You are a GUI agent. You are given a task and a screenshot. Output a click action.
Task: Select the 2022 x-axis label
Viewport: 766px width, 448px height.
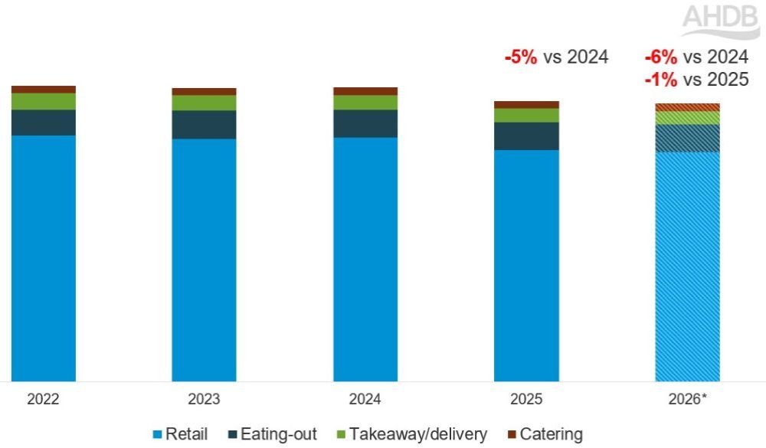pyautogui.click(x=43, y=400)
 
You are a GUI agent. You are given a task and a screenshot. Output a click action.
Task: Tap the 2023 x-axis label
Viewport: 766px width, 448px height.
pyautogui.click(x=204, y=400)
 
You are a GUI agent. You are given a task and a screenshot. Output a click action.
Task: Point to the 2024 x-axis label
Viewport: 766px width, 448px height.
pyautogui.click(x=365, y=400)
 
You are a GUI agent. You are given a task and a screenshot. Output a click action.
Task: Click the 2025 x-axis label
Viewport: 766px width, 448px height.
pyautogui.click(x=526, y=400)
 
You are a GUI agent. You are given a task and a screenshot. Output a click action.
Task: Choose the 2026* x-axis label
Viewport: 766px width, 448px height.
pyautogui.click(x=687, y=400)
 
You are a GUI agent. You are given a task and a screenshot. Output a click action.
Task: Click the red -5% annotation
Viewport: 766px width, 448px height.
pyautogui.click(x=520, y=57)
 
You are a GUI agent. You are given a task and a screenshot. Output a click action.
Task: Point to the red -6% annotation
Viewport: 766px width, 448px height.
pyautogui.click(x=661, y=57)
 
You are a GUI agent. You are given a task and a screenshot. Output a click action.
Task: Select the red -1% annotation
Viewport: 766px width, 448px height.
pyautogui.click(x=661, y=79)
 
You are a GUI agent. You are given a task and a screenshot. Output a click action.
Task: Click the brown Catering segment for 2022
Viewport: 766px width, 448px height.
pyautogui.click(x=44, y=90)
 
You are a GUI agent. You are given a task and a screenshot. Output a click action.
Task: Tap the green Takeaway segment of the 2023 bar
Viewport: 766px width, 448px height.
pyautogui.click(x=204, y=103)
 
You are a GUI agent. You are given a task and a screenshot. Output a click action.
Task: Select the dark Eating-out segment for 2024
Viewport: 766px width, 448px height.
pyautogui.click(x=365, y=123)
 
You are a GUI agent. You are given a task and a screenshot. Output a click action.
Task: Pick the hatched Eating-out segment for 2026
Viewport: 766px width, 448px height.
pyautogui.click(x=687, y=138)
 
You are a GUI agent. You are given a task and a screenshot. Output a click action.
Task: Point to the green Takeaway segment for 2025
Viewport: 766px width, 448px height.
pyautogui.click(x=526, y=115)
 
